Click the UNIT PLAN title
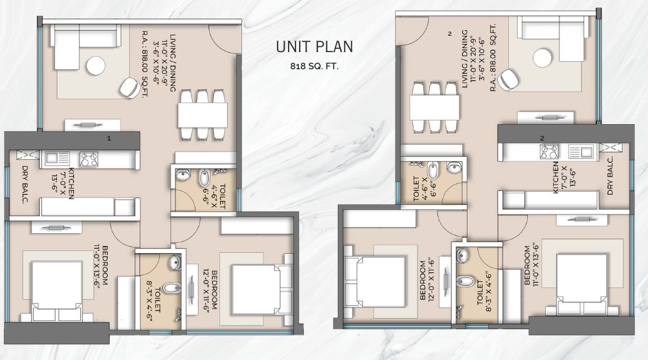pyautogui.click(x=314, y=47)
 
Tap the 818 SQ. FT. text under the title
pyautogui.click(x=314, y=67)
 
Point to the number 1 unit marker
pyautogui.click(x=108, y=139)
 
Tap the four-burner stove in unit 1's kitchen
pyautogui.click(x=89, y=159)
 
